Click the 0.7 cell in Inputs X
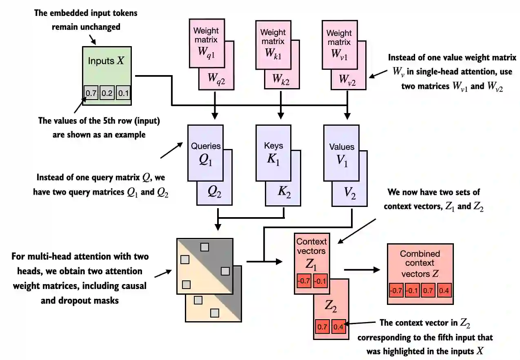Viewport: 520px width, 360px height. point(91,93)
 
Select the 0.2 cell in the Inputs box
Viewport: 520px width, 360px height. point(107,93)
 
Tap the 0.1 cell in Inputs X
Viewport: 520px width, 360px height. point(123,93)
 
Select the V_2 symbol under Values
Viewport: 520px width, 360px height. point(350,193)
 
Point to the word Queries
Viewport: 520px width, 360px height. point(206,146)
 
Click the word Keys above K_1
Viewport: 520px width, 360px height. point(273,145)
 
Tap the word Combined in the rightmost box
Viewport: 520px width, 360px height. point(420,254)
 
